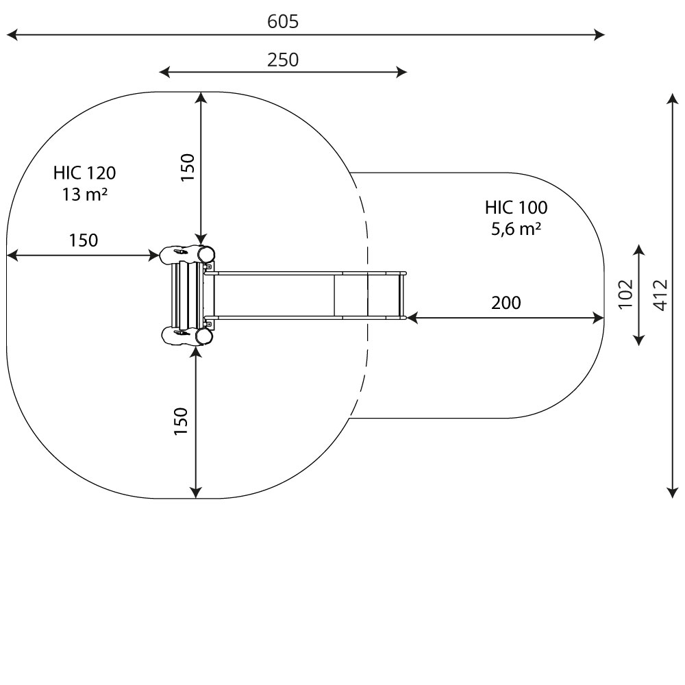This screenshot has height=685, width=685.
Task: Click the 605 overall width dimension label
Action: click(283, 22)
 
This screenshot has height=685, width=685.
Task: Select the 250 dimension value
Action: click(283, 60)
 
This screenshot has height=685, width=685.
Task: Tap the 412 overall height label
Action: click(660, 295)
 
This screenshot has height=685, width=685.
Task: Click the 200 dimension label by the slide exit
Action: click(506, 303)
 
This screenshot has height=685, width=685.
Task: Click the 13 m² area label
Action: click(84, 195)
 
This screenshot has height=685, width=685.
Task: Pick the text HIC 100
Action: click(516, 208)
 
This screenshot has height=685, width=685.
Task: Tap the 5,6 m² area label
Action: click(516, 229)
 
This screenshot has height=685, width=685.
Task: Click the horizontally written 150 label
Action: click(83, 240)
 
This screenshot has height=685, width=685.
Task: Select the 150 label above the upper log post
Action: click(188, 167)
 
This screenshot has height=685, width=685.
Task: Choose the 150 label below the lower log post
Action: click(181, 421)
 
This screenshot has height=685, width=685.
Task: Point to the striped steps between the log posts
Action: click(183, 295)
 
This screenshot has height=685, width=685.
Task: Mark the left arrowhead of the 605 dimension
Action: click(10, 34)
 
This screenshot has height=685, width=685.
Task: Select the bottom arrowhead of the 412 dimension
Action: click(672, 492)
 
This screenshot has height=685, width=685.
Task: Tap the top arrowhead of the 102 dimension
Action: click(639, 248)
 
